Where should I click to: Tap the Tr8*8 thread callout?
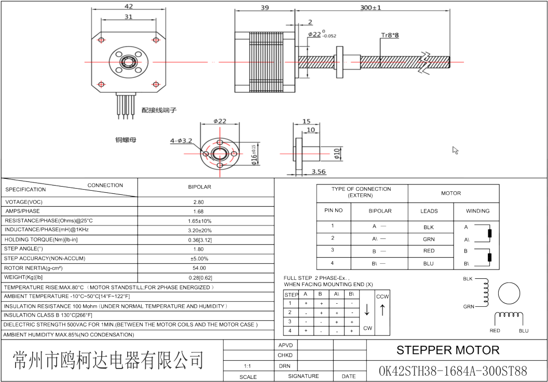tap(390, 35)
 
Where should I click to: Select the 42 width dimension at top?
tap(129, 7)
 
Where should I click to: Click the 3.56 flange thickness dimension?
tap(319, 172)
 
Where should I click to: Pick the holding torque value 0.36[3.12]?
tap(206, 239)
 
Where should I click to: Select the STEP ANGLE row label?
tap(23, 249)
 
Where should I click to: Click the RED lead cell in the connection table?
tap(429, 251)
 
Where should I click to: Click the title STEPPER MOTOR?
tap(448, 350)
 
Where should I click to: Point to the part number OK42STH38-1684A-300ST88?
tap(453, 371)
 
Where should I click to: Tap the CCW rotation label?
tap(382, 296)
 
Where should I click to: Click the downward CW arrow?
tap(367, 310)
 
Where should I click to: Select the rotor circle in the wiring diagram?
tap(509, 294)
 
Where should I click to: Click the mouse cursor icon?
tap(455, 150)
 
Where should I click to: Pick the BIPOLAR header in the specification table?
tap(199, 187)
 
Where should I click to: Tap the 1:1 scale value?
tap(248, 366)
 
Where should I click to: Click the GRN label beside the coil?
tap(469, 307)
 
